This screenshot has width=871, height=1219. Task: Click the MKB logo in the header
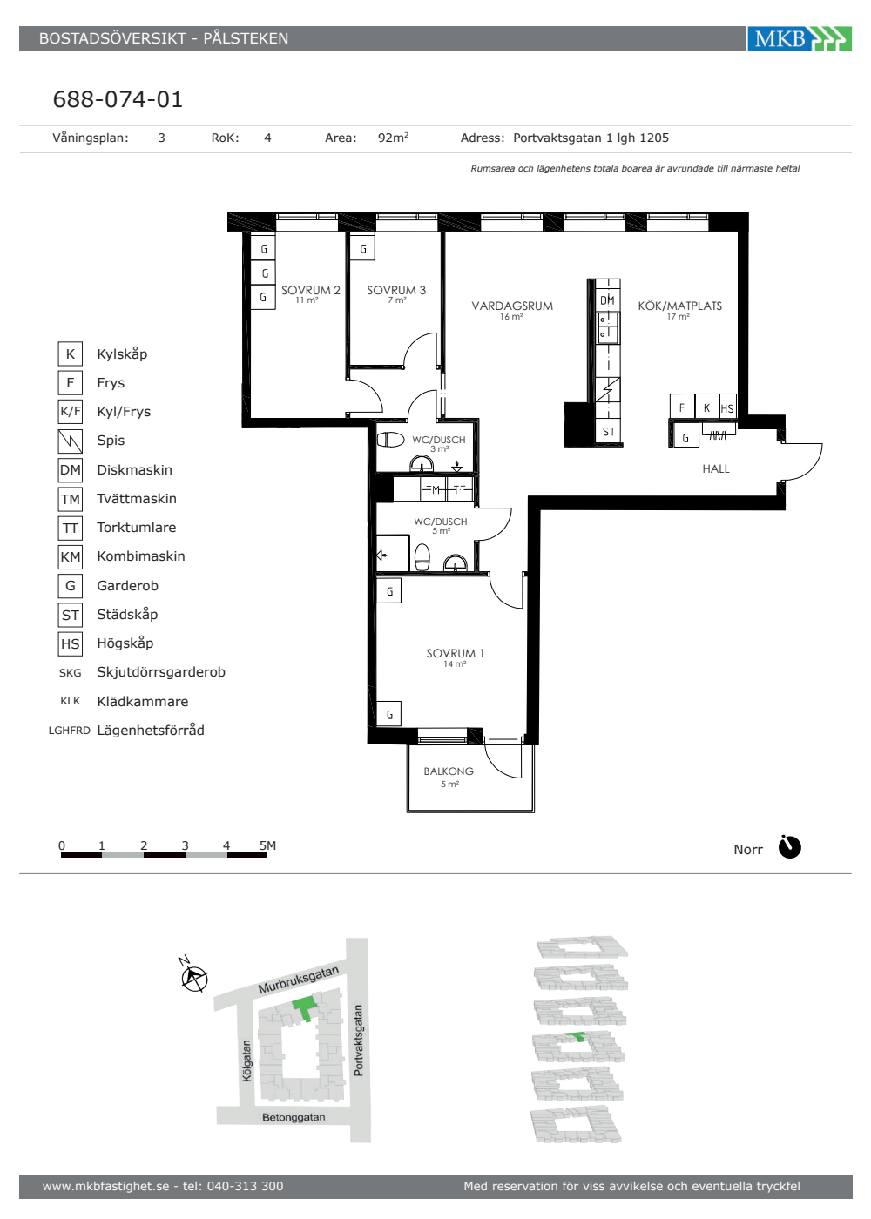point(799,38)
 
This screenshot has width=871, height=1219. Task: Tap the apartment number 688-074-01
point(118,99)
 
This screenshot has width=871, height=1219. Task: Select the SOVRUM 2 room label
point(310,290)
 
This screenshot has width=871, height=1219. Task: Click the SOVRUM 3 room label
point(396,290)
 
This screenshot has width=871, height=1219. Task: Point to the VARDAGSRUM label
point(512,306)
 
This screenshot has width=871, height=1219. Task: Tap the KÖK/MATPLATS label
point(680,306)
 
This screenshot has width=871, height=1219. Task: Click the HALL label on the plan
point(716,469)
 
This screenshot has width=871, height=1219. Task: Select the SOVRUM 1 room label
point(455,653)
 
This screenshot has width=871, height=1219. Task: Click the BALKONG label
point(449,771)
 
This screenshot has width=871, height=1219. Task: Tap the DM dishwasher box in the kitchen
point(608,300)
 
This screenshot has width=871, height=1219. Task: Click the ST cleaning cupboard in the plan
point(609,432)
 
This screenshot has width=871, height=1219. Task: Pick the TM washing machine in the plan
point(434,489)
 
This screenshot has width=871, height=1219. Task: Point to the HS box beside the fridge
point(728,408)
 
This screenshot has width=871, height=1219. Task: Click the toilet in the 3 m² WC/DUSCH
point(390,439)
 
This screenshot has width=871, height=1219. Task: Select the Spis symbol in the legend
point(71,441)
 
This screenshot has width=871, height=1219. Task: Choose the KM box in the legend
point(71,556)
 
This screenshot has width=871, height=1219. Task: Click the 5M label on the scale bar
point(268,845)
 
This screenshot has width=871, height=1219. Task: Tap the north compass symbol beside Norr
point(789,846)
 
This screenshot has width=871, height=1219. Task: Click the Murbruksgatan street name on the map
point(298,980)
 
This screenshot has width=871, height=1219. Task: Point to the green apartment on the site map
point(304,1008)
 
